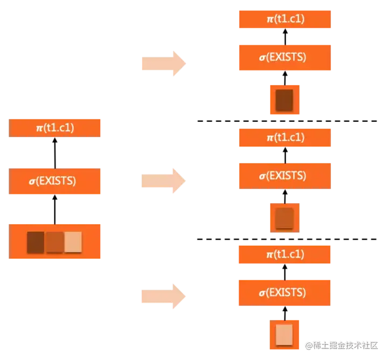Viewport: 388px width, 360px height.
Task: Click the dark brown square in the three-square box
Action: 36,242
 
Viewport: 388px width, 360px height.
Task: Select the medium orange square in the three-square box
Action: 54,242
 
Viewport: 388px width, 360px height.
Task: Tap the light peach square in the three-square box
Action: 73,242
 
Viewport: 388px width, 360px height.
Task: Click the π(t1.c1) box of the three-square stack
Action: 56,128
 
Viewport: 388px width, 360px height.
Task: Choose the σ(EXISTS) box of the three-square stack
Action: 56,181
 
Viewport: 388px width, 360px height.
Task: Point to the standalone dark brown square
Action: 284,100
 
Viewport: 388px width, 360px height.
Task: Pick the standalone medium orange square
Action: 284,218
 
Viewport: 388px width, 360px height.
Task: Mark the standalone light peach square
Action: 284,334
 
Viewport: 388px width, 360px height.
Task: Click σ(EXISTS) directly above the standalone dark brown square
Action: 284,57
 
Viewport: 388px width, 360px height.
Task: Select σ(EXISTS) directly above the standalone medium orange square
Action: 284,176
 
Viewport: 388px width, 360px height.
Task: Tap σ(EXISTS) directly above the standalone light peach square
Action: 284,293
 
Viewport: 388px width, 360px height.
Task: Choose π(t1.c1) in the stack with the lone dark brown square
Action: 284,19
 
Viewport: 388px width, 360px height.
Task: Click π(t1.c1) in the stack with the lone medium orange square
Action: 284,137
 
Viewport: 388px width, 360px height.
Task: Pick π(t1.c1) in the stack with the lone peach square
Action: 284,254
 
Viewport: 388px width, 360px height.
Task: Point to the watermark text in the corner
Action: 343,345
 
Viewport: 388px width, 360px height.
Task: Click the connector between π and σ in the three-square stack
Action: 56,153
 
